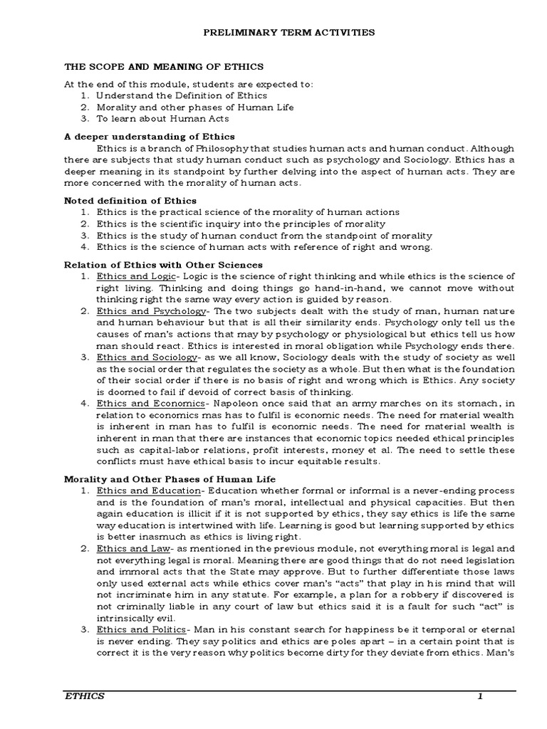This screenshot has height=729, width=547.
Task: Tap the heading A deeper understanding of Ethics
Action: [x=150, y=136]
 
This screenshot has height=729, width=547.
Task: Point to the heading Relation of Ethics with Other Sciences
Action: [x=163, y=264]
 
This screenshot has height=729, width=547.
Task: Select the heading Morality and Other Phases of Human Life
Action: [x=170, y=479]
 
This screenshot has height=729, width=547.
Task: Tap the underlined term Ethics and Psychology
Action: [x=151, y=311]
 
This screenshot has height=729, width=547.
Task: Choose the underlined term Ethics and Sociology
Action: [x=147, y=357]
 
